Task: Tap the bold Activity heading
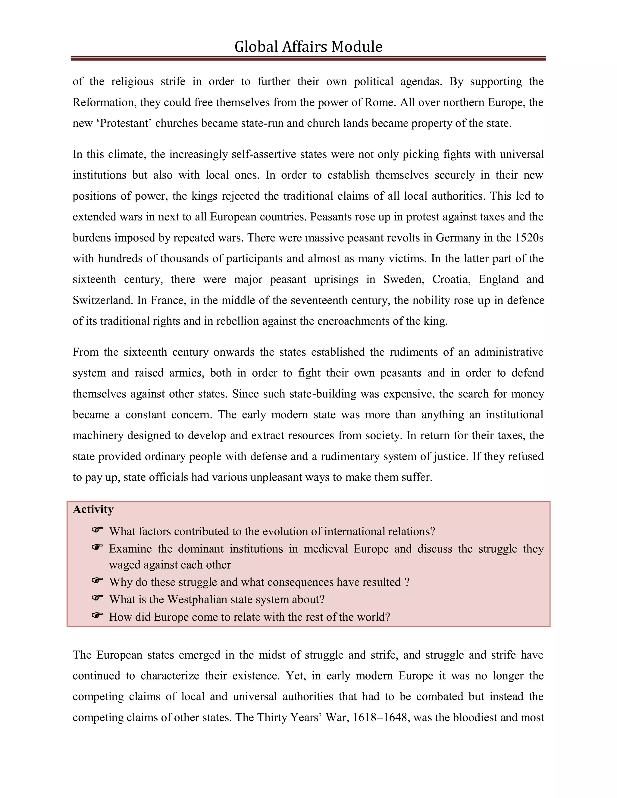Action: [93, 509]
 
